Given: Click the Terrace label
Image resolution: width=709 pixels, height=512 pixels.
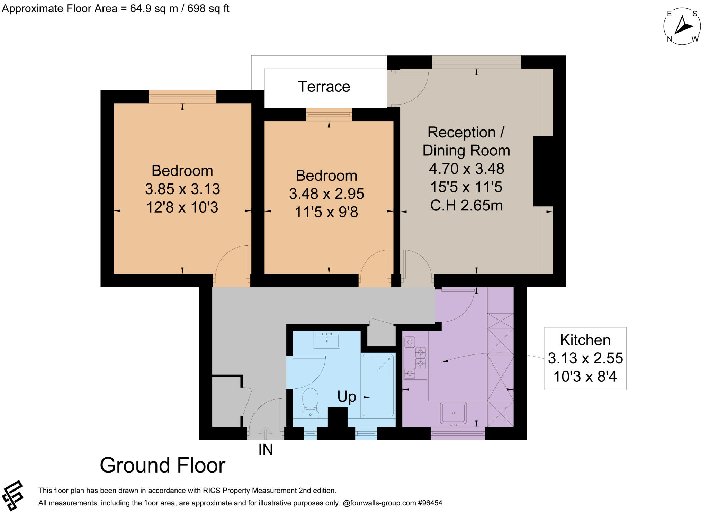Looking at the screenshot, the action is point(324,87).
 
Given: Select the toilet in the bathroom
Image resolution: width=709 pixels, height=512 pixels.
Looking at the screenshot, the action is point(310,403).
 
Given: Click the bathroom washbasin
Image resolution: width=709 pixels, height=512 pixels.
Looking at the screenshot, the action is point(327,339).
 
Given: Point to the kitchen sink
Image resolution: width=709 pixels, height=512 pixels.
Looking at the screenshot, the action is point(453,413).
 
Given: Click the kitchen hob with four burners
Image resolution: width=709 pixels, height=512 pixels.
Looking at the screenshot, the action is point(415,358).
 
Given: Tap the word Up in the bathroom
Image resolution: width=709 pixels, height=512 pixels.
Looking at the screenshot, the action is point(347,397).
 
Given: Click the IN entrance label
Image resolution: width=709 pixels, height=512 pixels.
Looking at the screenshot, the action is point(266,450).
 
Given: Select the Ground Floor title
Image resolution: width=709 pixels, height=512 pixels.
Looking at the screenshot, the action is point(163,465).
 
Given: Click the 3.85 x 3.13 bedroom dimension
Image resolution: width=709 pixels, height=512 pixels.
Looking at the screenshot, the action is point(182,189).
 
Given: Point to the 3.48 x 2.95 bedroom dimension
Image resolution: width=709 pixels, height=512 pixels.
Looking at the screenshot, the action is point(326,194).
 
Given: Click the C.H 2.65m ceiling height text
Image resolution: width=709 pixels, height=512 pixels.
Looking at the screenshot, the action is point(466,206).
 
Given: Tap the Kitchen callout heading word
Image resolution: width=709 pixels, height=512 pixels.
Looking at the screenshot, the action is point(585,340).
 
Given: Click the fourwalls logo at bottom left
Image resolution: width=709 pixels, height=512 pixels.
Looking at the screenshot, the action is point(12,496).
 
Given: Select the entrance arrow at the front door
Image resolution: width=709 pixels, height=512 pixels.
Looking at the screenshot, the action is point(266,433).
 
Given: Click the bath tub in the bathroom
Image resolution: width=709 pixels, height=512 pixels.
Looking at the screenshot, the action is point(378,385).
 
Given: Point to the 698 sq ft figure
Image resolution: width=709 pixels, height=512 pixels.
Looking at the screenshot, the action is point(208,9).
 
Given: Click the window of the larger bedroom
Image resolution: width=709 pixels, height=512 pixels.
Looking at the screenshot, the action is point(182,97).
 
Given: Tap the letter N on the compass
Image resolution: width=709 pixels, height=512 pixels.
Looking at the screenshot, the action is point(670,39).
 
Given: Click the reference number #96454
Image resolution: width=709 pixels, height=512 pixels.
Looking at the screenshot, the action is point(430,503).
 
